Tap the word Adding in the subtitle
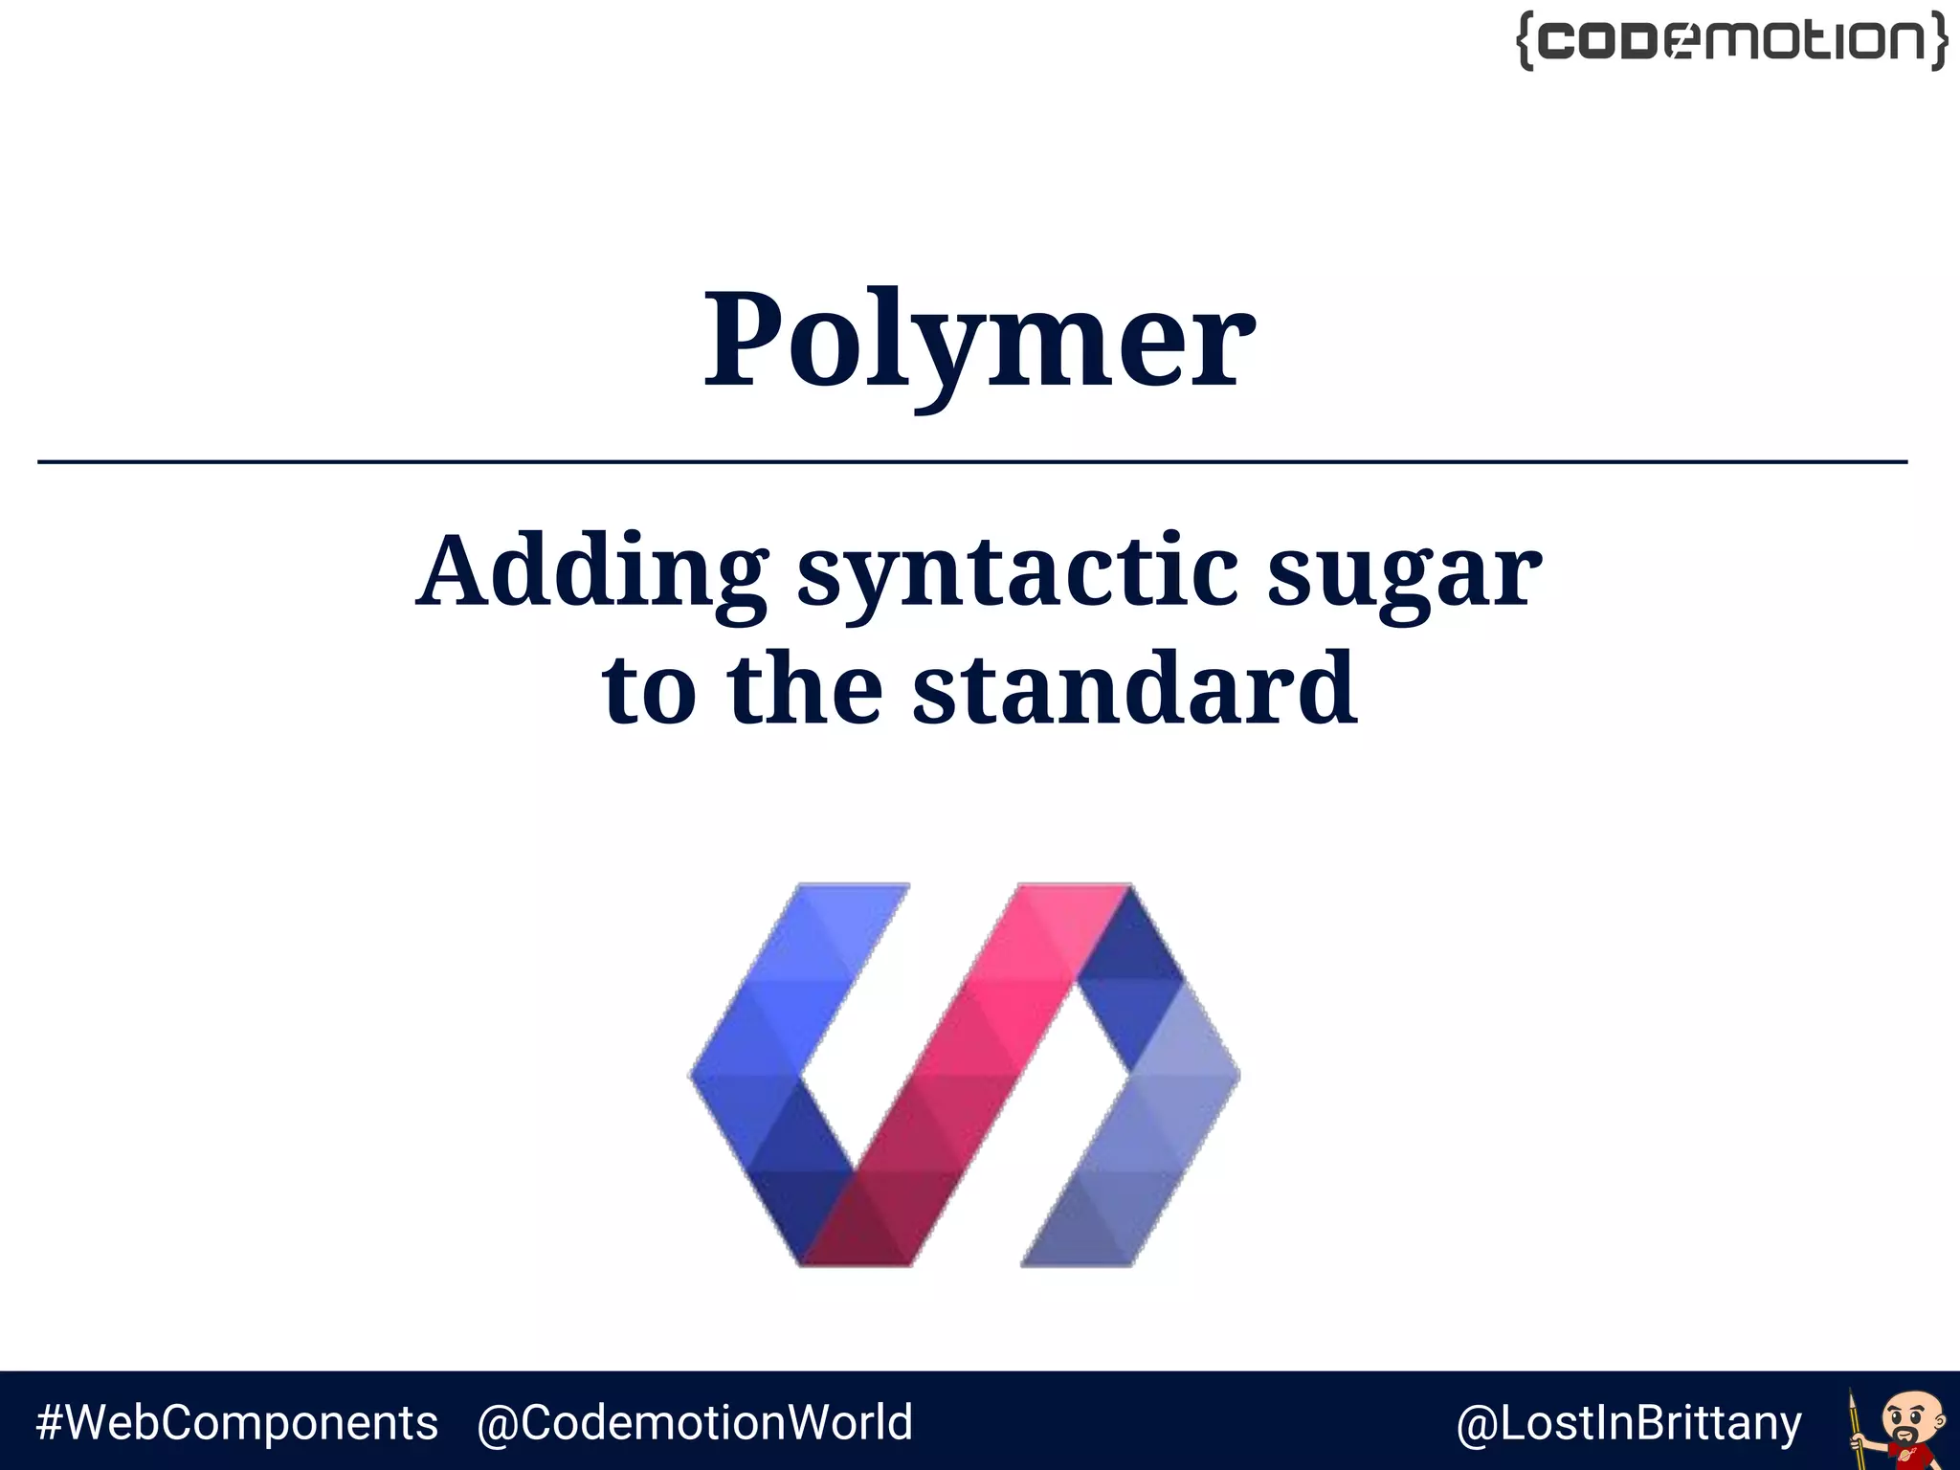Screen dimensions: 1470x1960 591,572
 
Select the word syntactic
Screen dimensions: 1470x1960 1017,572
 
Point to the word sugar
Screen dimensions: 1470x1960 1404,572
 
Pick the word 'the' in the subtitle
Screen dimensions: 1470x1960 804,688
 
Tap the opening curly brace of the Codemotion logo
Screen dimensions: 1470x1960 1526,41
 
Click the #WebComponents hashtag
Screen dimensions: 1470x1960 237,1423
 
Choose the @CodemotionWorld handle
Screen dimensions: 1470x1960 695,1423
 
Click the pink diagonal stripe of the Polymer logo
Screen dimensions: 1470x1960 967,1072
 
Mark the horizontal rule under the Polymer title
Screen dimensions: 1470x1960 972,462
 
